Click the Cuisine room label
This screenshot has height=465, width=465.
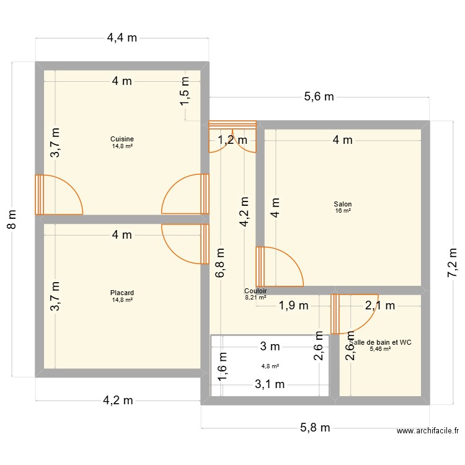point(122,139)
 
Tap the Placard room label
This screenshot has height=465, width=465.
point(122,293)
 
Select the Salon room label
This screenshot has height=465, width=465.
point(342,204)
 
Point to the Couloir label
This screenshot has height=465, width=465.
point(255,290)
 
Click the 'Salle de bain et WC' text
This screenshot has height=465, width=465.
point(381,342)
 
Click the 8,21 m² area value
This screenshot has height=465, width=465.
point(255,298)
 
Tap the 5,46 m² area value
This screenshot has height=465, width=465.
point(379,349)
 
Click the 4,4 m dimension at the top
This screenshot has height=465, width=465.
point(122,38)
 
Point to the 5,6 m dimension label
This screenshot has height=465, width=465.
point(319,96)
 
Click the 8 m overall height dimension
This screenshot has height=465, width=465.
point(12,219)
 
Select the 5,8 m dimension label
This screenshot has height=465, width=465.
point(315,428)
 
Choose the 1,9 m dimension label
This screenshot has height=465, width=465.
point(293,305)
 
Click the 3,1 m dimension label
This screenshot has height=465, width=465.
point(270,385)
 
